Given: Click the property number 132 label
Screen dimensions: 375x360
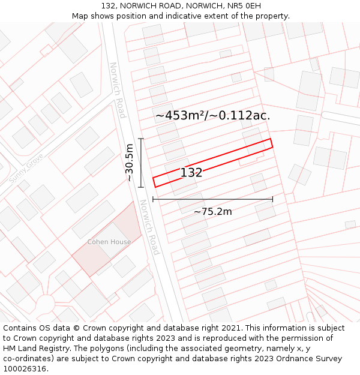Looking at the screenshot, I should coord(191,173).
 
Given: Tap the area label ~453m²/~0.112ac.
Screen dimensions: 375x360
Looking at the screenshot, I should coord(212,116).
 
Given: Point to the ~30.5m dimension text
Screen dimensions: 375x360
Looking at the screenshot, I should coord(128,163).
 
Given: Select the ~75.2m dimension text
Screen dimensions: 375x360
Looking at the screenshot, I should coord(212,211).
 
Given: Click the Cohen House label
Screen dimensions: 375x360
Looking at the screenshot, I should coord(109,242).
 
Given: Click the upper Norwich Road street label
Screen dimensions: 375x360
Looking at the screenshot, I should coord(117,90).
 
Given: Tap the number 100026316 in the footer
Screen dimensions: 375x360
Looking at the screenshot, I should coord(26,369).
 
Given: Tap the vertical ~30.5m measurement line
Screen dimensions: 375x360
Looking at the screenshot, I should coord(141,163).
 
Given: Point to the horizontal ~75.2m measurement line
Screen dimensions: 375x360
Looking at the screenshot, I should coord(212,199).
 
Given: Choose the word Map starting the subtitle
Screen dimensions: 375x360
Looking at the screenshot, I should coord(80,16).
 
